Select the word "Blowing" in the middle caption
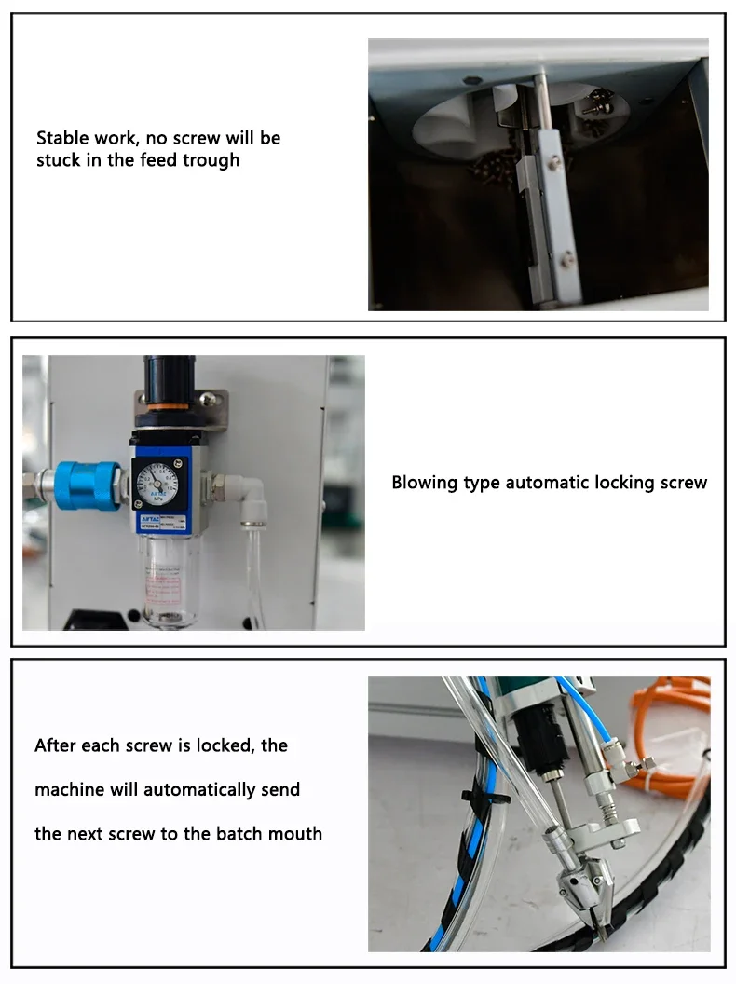(x=424, y=483)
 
